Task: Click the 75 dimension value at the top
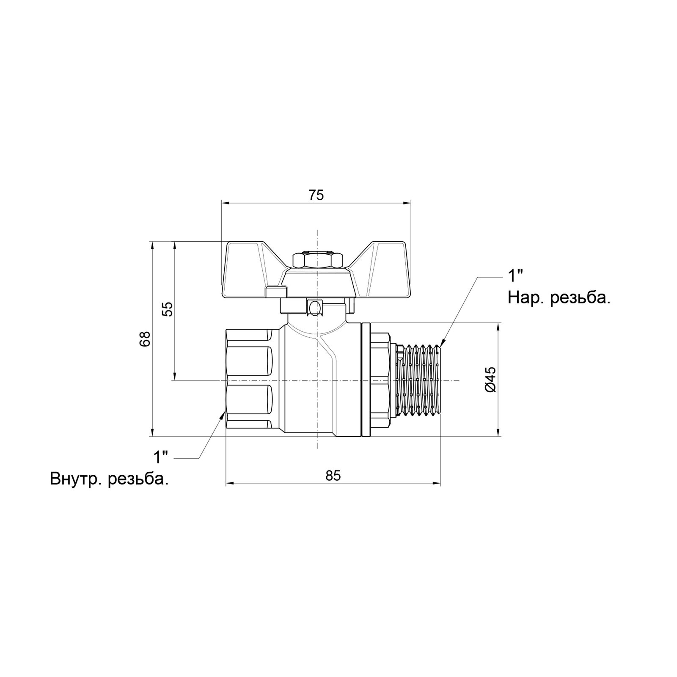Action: tap(316, 195)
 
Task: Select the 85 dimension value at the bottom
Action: tap(333, 476)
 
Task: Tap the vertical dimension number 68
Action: tap(145, 338)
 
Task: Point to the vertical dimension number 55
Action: tap(168, 309)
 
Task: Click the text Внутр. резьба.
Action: tap(109, 479)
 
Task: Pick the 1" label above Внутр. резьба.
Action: tap(160, 457)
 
